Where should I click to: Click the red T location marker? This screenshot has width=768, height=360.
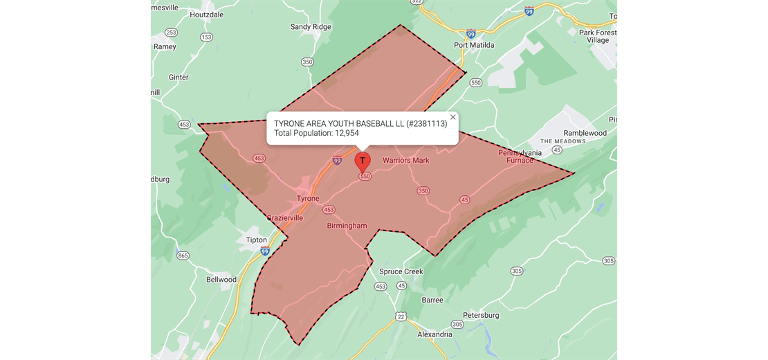(x=363, y=161)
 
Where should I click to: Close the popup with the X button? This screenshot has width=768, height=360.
(x=453, y=117)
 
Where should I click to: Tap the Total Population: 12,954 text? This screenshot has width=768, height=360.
(x=316, y=133)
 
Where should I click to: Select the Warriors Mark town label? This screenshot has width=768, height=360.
(x=406, y=161)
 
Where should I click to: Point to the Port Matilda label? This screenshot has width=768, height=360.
(x=474, y=45)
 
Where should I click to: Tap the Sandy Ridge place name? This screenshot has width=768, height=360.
(x=310, y=27)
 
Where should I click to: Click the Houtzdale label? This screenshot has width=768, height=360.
(x=206, y=14)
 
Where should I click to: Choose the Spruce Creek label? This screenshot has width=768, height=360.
(x=401, y=271)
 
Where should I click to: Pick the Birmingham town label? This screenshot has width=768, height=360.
(x=347, y=226)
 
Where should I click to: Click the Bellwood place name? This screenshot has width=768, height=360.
(x=221, y=280)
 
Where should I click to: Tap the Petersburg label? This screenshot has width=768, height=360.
(x=481, y=316)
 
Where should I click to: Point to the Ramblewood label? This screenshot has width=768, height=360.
(x=585, y=133)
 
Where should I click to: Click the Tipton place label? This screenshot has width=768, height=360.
(x=256, y=240)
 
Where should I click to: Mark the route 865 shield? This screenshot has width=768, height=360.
(x=183, y=255)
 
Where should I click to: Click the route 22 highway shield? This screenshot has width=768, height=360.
(x=401, y=316)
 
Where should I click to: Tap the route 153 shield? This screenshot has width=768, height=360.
(x=206, y=37)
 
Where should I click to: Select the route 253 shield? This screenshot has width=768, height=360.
(x=171, y=33)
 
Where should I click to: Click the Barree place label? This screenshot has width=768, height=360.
(x=432, y=300)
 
